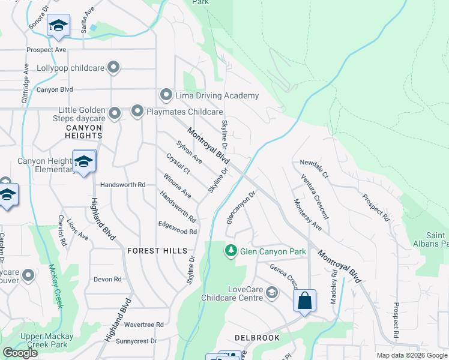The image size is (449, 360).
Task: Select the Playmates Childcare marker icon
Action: [137, 111]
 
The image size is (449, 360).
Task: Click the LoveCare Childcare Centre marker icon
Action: [271, 293]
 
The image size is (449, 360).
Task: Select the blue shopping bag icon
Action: [304, 301]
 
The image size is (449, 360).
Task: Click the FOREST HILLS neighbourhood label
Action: [157, 251]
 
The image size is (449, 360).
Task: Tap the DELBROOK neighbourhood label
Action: [257, 338]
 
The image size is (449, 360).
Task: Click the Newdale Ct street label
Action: [315, 169]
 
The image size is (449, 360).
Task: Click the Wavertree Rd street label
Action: [143, 325]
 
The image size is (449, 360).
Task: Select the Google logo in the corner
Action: [20, 353]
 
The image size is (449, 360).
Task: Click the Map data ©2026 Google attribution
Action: [411, 355]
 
